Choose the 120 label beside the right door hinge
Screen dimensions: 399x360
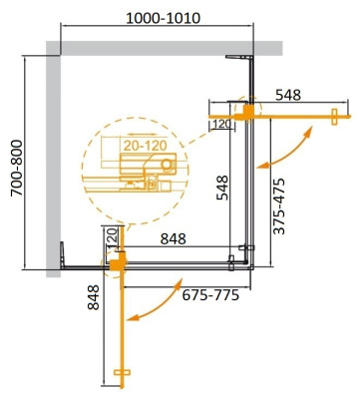221,124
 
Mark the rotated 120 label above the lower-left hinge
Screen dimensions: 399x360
113,239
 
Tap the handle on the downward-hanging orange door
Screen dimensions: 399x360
121,376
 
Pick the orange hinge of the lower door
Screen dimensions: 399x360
116,262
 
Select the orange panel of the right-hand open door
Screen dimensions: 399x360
289,116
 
